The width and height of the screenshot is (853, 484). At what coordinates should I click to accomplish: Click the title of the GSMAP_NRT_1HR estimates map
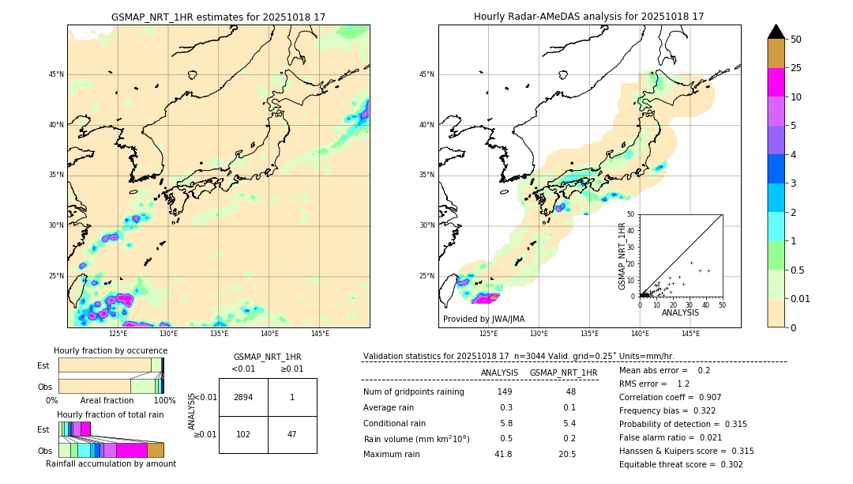tap(218, 17)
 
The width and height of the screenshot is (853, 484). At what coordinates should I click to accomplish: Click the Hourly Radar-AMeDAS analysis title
tap(588, 17)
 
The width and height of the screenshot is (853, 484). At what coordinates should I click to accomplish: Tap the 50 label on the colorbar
tap(797, 40)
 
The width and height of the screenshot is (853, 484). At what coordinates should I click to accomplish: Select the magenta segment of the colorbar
tap(776, 82)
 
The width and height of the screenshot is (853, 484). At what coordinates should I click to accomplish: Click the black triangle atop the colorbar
tap(776, 32)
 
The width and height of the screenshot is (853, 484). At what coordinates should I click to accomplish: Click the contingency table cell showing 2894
tap(243, 397)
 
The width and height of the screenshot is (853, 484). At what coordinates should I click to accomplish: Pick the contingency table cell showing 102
tap(243, 434)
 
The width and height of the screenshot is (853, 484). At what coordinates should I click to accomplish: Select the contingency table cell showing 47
tap(292, 434)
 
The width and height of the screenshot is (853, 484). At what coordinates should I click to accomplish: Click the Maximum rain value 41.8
tap(503, 454)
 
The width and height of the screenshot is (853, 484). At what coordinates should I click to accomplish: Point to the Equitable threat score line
tap(681, 464)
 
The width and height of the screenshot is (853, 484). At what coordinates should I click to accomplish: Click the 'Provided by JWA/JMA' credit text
tap(483, 319)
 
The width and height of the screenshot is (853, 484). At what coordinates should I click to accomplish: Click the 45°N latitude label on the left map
tap(56, 74)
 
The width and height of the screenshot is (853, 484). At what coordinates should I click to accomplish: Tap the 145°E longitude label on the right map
tap(690, 334)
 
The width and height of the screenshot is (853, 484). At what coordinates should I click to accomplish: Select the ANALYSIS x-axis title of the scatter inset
tap(680, 312)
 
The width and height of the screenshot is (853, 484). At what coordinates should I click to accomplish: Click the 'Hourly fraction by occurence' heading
tap(111, 350)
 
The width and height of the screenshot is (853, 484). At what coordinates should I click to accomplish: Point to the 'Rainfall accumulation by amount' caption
tap(111, 463)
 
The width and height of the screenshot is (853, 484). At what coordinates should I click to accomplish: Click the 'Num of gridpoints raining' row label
tap(413, 392)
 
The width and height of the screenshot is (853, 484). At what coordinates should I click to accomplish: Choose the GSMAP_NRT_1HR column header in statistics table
tap(563, 372)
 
